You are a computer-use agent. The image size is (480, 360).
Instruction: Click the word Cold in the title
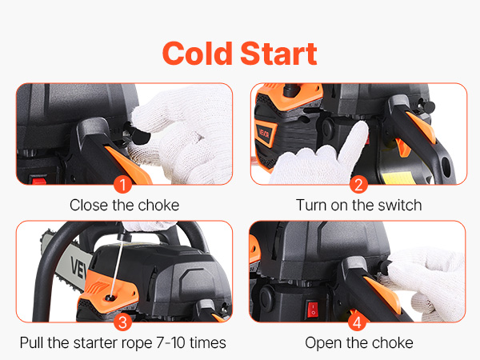tap(198, 54)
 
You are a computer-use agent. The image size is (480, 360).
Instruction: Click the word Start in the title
tap(278, 54)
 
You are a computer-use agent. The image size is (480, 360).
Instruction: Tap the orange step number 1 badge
tap(122, 185)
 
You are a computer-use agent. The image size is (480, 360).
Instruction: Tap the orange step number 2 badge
tap(358, 185)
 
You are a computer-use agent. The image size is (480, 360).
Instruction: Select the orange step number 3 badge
tap(122, 322)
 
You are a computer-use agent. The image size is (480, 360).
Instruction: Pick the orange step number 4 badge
tap(357, 322)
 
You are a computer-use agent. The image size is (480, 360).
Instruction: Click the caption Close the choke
tap(124, 205)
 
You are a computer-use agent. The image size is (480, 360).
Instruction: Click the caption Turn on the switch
tap(358, 205)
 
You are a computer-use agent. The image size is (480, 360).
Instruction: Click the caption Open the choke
tap(359, 343)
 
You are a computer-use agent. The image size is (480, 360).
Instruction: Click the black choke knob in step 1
tap(138, 134)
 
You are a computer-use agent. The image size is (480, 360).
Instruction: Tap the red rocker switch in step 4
tap(313, 309)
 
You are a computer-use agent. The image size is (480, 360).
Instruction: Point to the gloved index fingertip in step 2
tap(361, 126)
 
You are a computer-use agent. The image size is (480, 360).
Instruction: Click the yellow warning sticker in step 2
tap(397, 178)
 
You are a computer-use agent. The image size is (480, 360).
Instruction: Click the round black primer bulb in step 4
tap(266, 298)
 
